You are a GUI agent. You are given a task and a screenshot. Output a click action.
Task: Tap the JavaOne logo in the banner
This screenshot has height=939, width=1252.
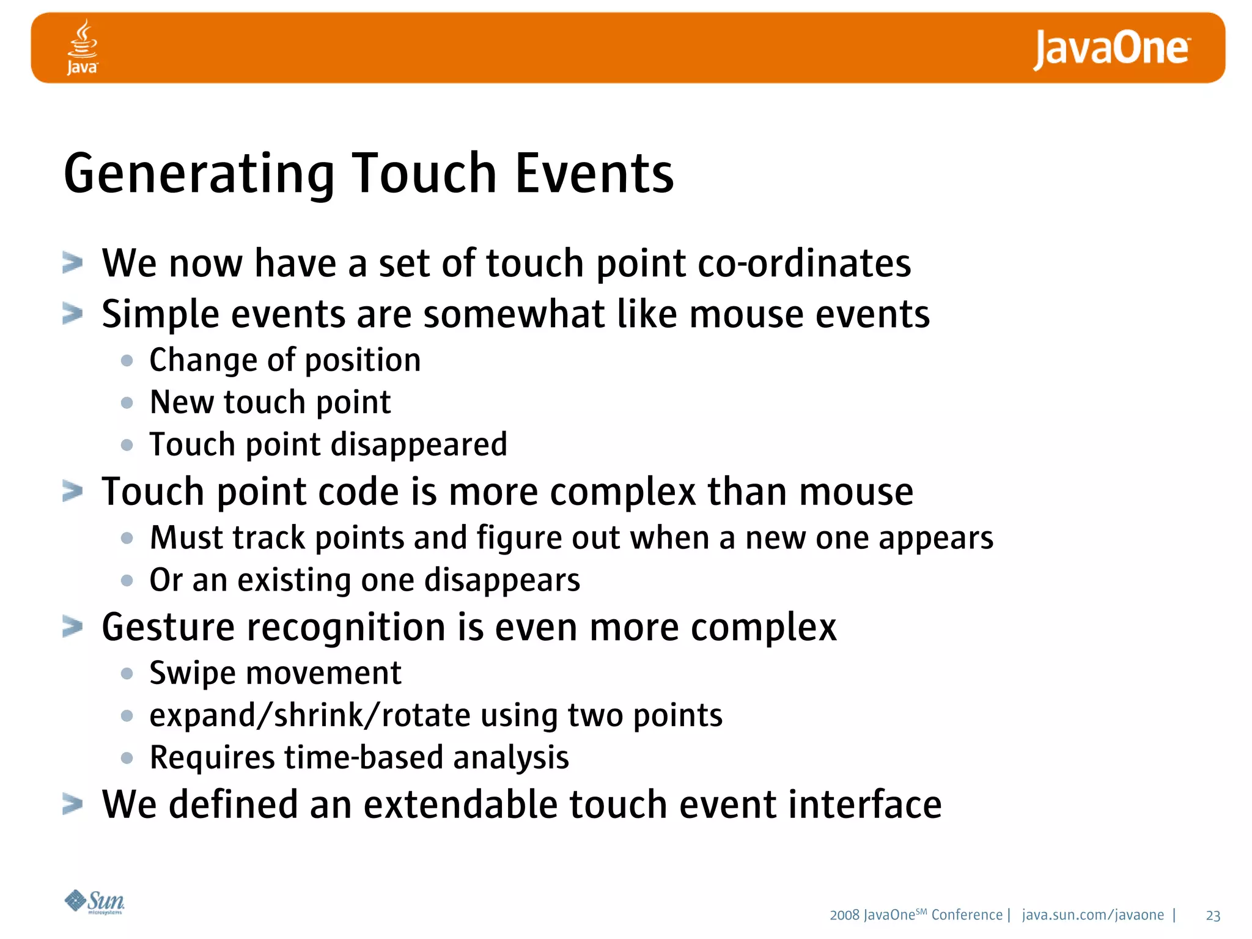tap(1111, 49)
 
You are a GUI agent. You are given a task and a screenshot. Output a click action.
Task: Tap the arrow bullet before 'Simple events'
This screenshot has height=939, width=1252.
tap(73, 314)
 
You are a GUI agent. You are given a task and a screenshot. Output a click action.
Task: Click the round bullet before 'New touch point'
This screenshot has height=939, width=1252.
tap(127, 403)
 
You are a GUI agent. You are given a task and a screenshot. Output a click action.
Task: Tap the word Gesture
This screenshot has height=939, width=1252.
tap(168, 628)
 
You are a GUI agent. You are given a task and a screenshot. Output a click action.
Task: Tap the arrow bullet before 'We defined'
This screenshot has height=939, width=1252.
tap(73, 805)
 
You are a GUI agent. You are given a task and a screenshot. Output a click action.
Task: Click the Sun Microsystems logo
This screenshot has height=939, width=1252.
tap(95, 902)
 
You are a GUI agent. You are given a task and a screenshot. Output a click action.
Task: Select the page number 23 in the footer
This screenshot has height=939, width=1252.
tap(1213, 916)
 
